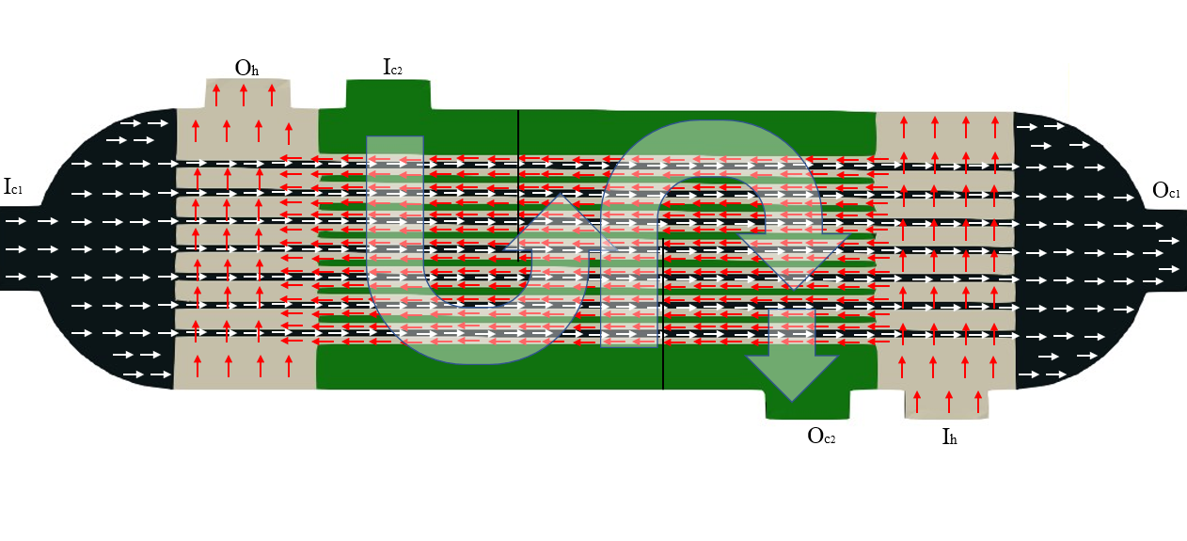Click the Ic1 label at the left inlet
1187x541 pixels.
[x=13, y=187]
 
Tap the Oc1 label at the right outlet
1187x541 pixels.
[x=1166, y=192]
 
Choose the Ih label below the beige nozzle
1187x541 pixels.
[x=949, y=437]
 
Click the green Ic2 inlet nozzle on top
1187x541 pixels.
[x=388, y=94]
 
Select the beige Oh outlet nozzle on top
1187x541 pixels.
[x=247, y=94]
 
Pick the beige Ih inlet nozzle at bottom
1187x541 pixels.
[x=947, y=403]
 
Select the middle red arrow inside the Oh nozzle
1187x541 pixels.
[x=244, y=95]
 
